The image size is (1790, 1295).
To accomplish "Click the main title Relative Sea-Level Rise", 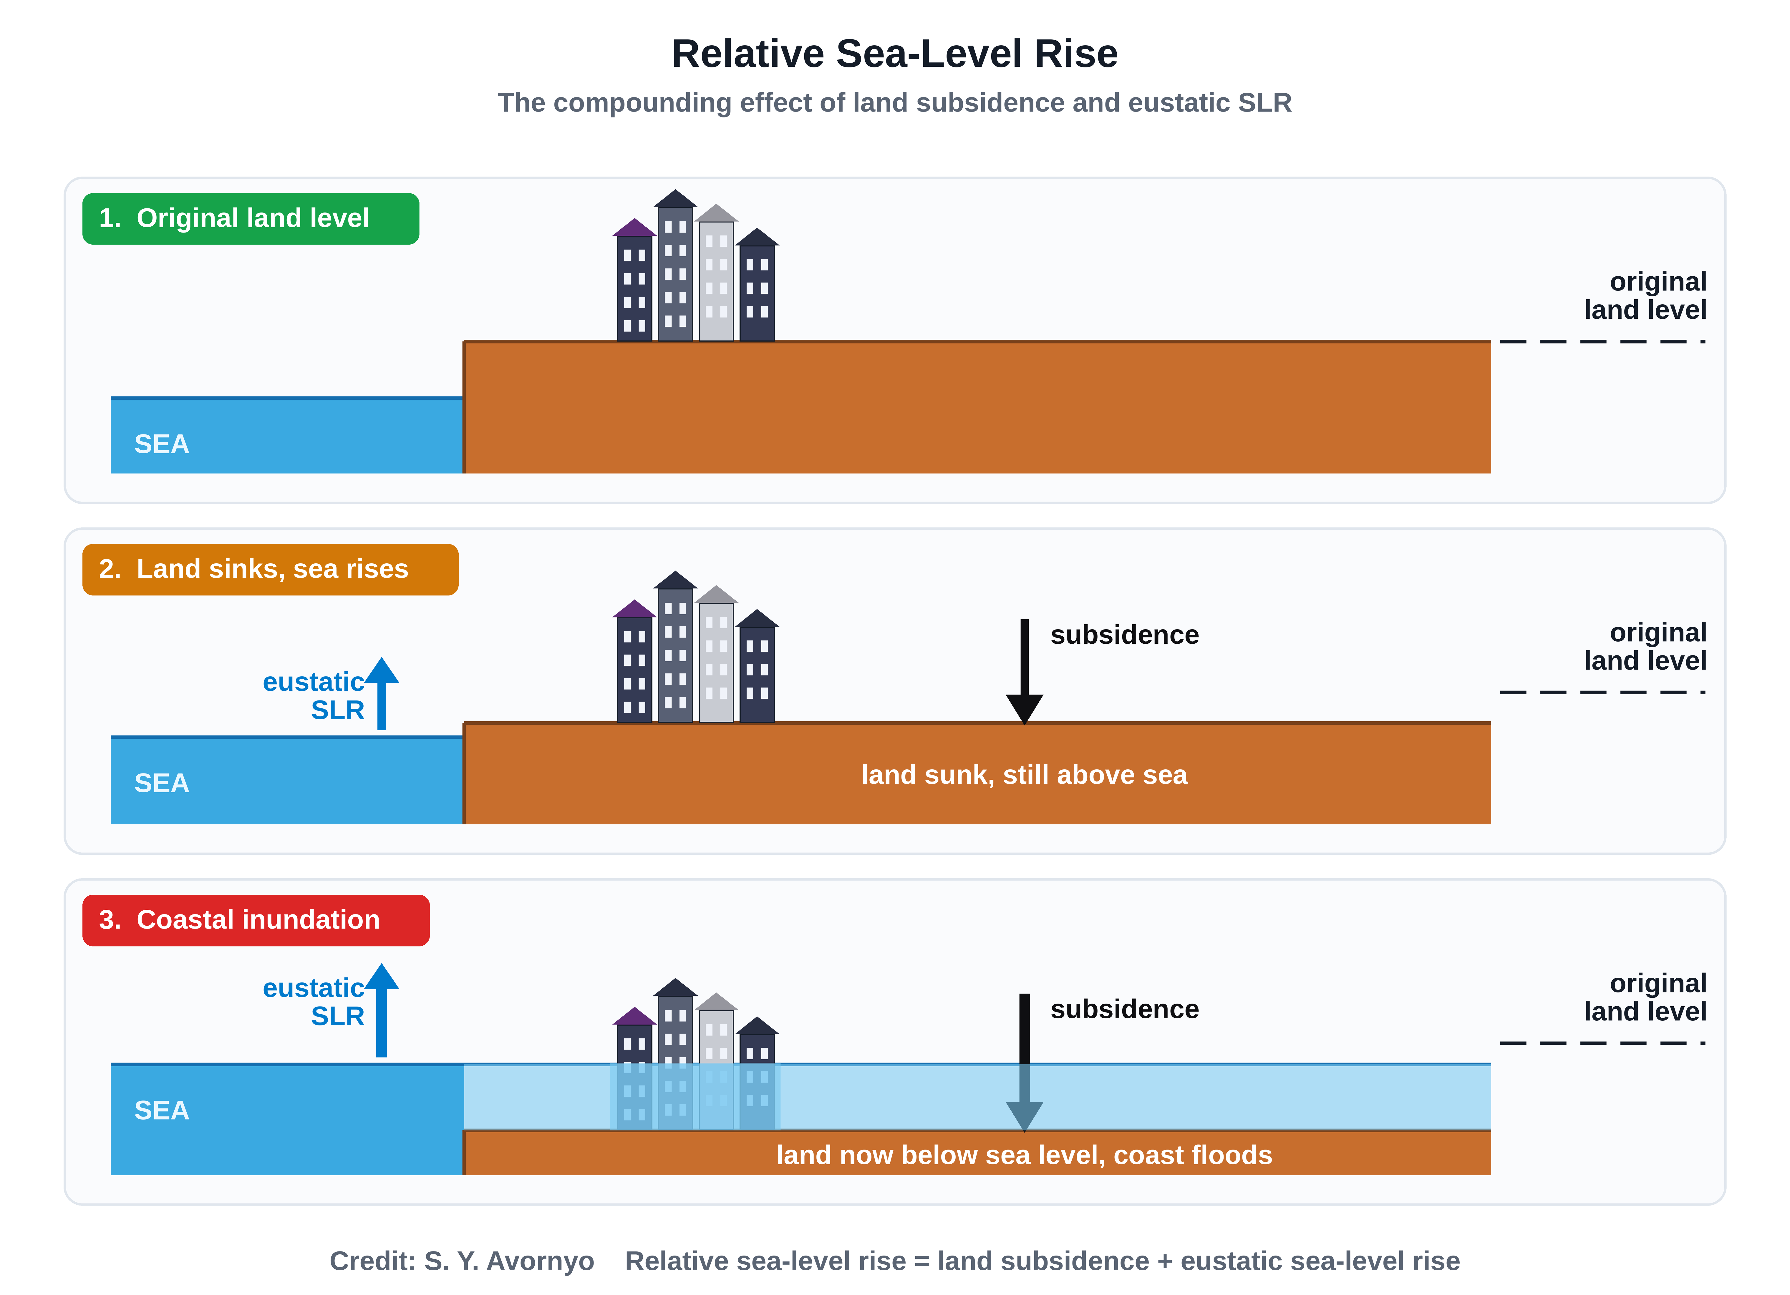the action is click(x=894, y=54).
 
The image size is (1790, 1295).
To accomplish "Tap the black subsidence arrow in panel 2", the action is click(x=1025, y=672).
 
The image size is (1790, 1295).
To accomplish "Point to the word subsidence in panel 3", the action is click(x=1125, y=1009).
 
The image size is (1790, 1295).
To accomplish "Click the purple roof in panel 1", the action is click(x=634, y=228).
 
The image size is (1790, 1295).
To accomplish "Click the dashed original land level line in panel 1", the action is click(x=1603, y=342).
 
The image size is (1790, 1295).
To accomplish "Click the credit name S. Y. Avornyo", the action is click(x=509, y=1261).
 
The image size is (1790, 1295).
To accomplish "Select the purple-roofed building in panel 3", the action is click(x=634, y=1068).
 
